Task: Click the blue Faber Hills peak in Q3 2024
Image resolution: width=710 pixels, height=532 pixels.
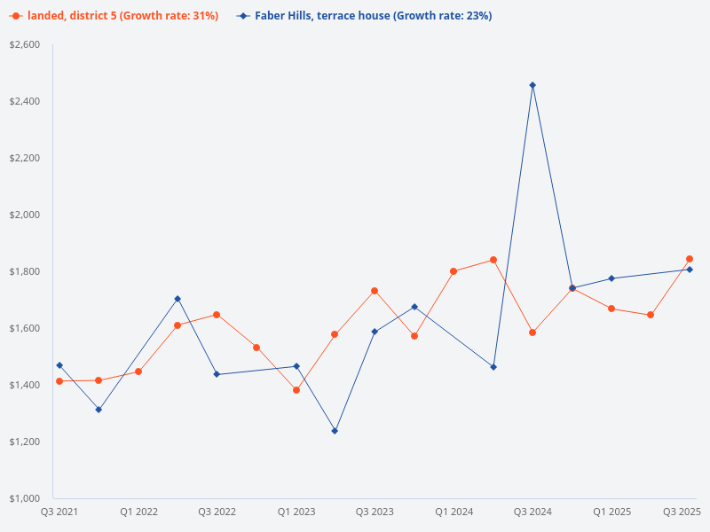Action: pyautogui.click(x=532, y=85)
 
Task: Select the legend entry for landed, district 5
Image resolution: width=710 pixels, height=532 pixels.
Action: pyautogui.click(x=114, y=16)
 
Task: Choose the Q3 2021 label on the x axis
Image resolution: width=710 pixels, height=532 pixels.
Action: pyautogui.click(x=59, y=512)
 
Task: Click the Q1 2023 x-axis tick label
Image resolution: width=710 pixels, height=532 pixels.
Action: pyautogui.click(x=296, y=512)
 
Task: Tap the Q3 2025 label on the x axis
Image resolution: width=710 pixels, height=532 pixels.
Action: pyautogui.click(x=682, y=512)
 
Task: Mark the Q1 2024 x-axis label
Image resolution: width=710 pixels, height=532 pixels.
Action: pyautogui.click(x=454, y=512)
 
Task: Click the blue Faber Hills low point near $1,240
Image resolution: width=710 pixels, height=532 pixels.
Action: pyautogui.click(x=335, y=431)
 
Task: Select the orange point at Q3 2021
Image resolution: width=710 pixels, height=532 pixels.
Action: pyautogui.click(x=59, y=381)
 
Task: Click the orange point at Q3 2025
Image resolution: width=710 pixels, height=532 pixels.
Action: pyautogui.click(x=690, y=259)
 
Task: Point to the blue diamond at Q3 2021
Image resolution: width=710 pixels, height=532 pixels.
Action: pyautogui.click(x=59, y=365)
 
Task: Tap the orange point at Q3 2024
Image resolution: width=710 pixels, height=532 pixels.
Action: pyautogui.click(x=532, y=332)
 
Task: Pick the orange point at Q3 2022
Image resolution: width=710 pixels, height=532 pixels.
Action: pyautogui.click(x=217, y=315)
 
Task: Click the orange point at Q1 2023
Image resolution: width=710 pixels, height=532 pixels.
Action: pyautogui.click(x=296, y=390)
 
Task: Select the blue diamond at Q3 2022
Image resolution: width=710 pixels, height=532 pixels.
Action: pyautogui.click(x=217, y=374)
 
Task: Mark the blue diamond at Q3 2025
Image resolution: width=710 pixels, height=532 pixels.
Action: pyautogui.click(x=690, y=270)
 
